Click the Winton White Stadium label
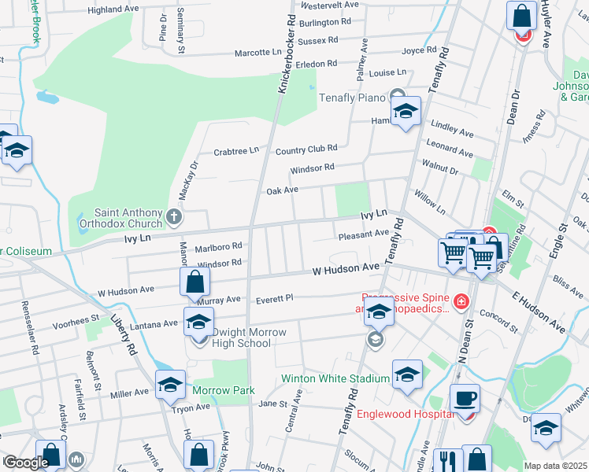(335, 378)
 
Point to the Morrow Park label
(224, 390)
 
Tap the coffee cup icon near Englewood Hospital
(465, 398)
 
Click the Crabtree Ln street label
(236, 151)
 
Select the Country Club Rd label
(306, 148)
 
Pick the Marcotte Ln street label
(258, 53)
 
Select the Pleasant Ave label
(363, 234)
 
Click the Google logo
(25, 463)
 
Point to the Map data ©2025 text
(555, 466)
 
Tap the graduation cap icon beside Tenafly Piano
(406, 112)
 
